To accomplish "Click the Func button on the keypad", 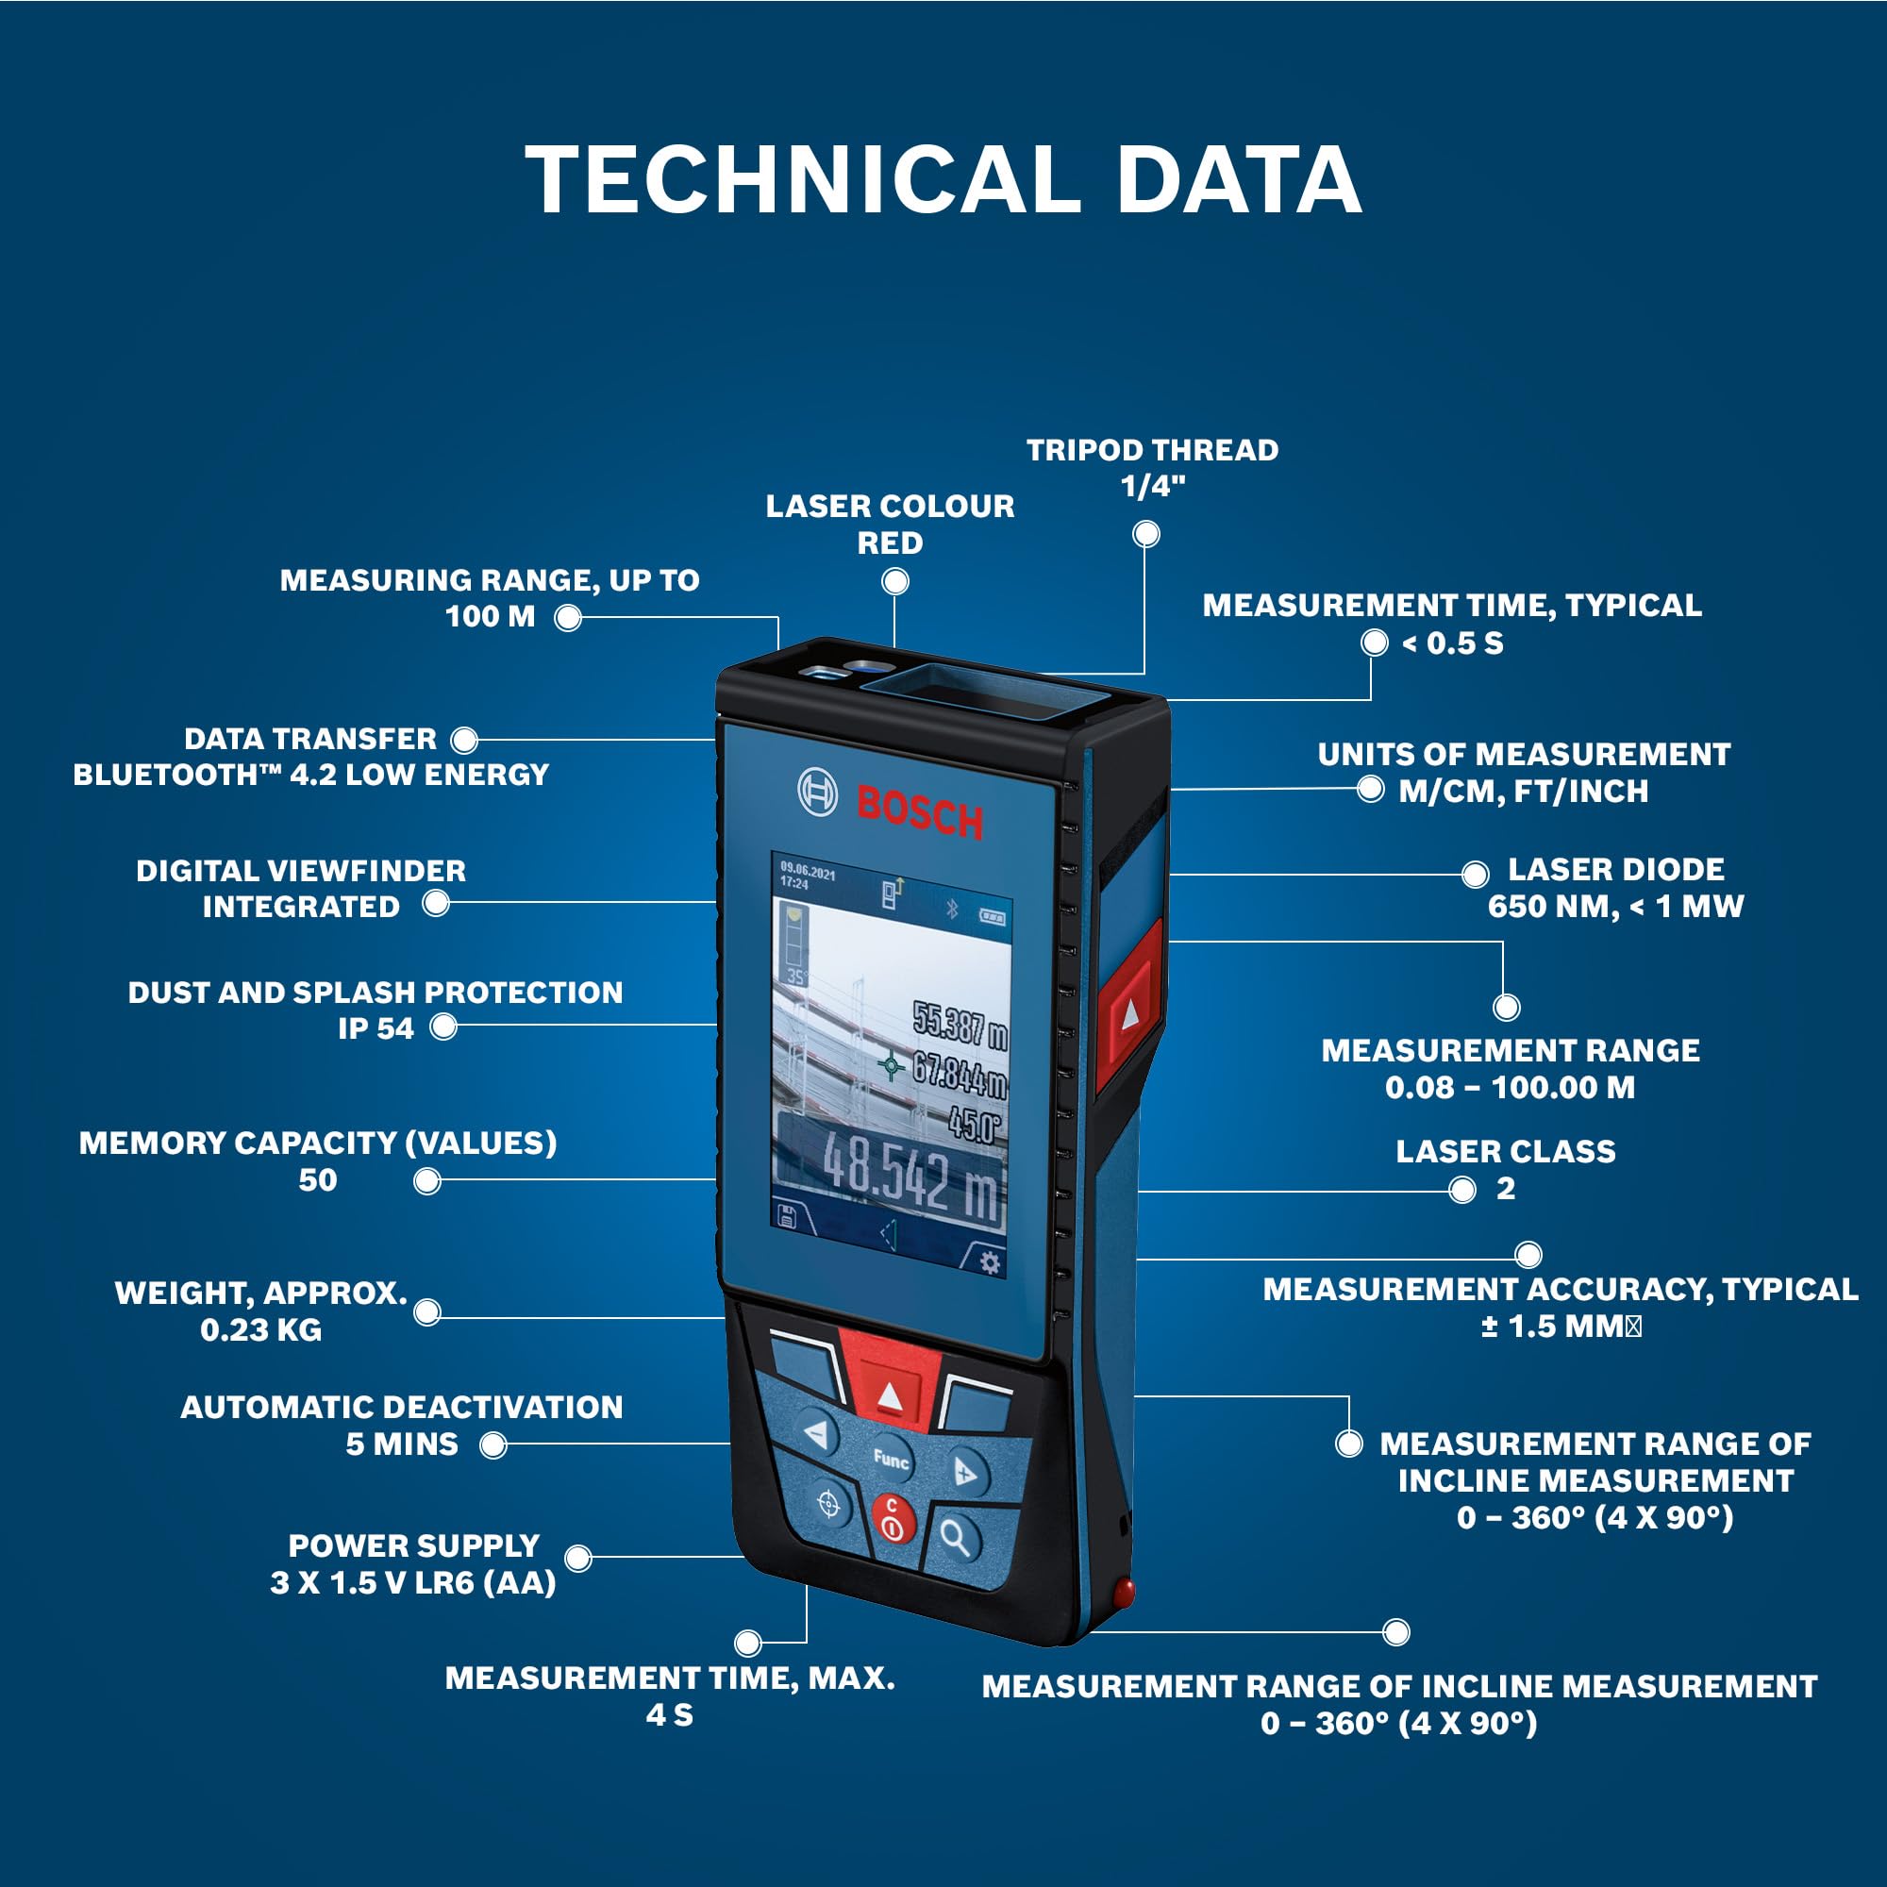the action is (x=890, y=1460).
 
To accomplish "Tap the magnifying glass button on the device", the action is (x=955, y=1538).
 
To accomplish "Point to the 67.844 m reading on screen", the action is (x=959, y=1074).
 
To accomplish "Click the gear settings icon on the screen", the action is (x=990, y=1263).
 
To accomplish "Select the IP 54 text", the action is (x=376, y=1027).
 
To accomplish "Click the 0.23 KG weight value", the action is (x=260, y=1329).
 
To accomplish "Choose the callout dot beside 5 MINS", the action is (x=493, y=1444).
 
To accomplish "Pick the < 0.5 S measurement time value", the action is (x=1452, y=643).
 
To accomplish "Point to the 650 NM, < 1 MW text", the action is (x=1615, y=907).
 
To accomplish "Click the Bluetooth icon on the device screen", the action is (x=951, y=910).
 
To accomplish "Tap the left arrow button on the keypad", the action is (x=817, y=1434).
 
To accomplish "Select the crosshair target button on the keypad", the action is (x=828, y=1505).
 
